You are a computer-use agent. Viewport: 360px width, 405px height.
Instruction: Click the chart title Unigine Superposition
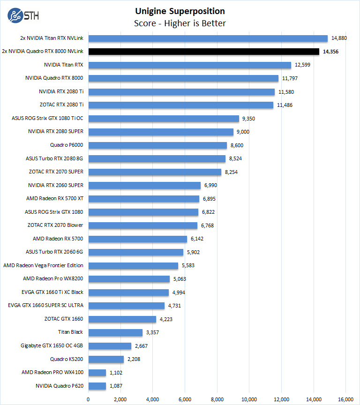(x=180, y=11)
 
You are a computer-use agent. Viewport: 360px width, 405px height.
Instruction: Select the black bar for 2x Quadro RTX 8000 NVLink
(x=204, y=52)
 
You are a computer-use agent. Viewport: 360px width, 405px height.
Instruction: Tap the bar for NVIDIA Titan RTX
(x=190, y=65)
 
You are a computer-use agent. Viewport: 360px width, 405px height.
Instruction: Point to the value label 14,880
(x=339, y=38)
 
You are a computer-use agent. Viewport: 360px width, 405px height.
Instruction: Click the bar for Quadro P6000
(x=157, y=145)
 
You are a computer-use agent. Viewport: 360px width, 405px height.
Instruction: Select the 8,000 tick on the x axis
(x=217, y=399)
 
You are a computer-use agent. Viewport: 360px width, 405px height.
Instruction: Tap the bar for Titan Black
(x=115, y=332)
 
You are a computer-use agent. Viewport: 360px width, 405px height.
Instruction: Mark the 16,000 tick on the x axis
(x=345, y=399)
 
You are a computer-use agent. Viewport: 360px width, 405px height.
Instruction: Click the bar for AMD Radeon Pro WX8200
(x=129, y=279)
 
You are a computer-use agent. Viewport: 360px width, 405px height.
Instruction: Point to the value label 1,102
(x=118, y=373)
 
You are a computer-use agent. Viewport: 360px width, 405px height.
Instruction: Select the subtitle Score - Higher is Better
(x=180, y=23)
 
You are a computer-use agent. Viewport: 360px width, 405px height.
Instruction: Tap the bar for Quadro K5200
(x=106, y=360)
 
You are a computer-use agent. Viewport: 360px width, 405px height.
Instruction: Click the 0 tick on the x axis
(x=88, y=399)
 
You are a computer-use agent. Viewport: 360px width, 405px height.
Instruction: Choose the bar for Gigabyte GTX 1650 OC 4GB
(x=110, y=346)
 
